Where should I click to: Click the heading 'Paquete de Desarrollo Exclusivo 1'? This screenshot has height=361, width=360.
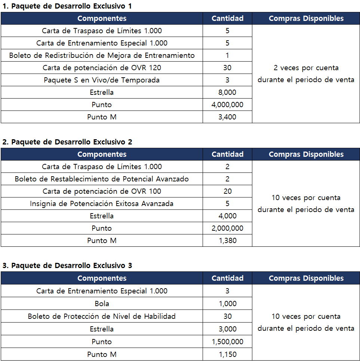click(67, 6)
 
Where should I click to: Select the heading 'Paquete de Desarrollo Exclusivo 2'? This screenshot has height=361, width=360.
click(67, 142)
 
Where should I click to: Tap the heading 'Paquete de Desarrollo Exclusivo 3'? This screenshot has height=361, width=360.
click(67, 266)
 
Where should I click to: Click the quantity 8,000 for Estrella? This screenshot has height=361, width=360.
click(227, 92)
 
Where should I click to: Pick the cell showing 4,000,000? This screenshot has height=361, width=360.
click(227, 105)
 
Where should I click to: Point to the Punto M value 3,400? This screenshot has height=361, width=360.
click(227, 117)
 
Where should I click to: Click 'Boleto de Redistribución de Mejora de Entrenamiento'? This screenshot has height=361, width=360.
click(102, 56)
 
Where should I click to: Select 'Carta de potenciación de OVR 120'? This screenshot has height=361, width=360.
click(102, 68)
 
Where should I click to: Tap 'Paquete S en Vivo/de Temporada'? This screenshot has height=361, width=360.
click(102, 80)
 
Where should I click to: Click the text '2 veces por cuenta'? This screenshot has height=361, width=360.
click(306, 68)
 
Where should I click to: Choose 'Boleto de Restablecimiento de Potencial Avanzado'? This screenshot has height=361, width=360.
click(102, 179)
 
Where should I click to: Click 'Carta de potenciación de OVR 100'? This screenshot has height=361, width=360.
click(102, 191)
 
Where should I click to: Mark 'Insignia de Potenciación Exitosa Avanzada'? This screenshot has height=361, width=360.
click(102, 203)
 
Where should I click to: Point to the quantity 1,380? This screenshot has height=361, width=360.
click(227, 240)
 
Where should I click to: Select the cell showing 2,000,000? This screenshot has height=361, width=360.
click(227, 228)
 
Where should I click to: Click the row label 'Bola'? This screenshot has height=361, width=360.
click(102, 304)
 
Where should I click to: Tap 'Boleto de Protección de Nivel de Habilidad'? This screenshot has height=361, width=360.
click(102, 316)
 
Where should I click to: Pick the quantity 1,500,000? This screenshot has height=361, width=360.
click(227, 342)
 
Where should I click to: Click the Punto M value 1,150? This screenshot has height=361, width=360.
click(227, 354)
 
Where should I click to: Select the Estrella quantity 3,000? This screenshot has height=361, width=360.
click(227, 329)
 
